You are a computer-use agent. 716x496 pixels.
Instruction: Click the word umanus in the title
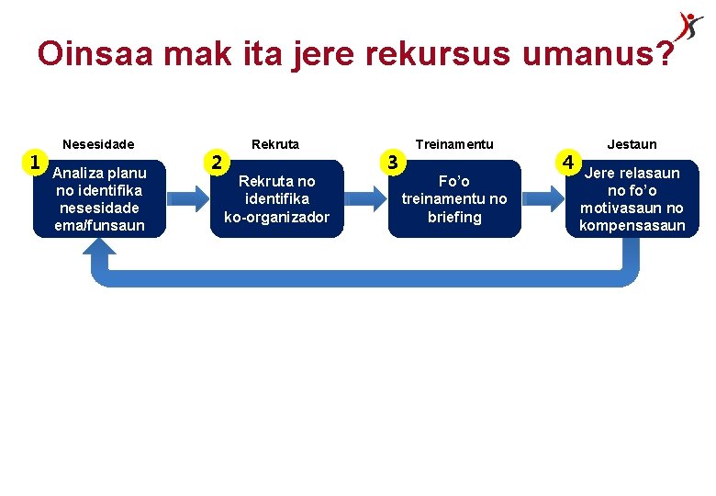click(x=589, y=54)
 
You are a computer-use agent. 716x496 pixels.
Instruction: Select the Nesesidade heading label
click(x=98, y=144)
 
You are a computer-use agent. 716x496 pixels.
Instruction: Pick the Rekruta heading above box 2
click(x=275, y=144)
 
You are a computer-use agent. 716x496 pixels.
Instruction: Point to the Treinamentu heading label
click(x=454, y=144)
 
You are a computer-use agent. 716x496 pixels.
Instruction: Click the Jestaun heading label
click(x=632, y=144)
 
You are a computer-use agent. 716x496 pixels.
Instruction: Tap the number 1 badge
click(x=35, y=163)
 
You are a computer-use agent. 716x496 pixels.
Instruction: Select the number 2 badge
click(x=216, y=163)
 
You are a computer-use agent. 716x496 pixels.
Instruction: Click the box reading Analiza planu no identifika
click(x=100, y=199)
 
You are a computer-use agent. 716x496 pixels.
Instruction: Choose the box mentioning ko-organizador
click(x=276, y=199)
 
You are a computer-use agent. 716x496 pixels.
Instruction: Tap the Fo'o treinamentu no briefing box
click(x=454, y=199)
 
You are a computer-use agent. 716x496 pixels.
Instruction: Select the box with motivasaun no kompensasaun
click(x=632, y=199)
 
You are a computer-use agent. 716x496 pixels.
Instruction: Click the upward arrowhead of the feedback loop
click(x=100, y=254)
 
